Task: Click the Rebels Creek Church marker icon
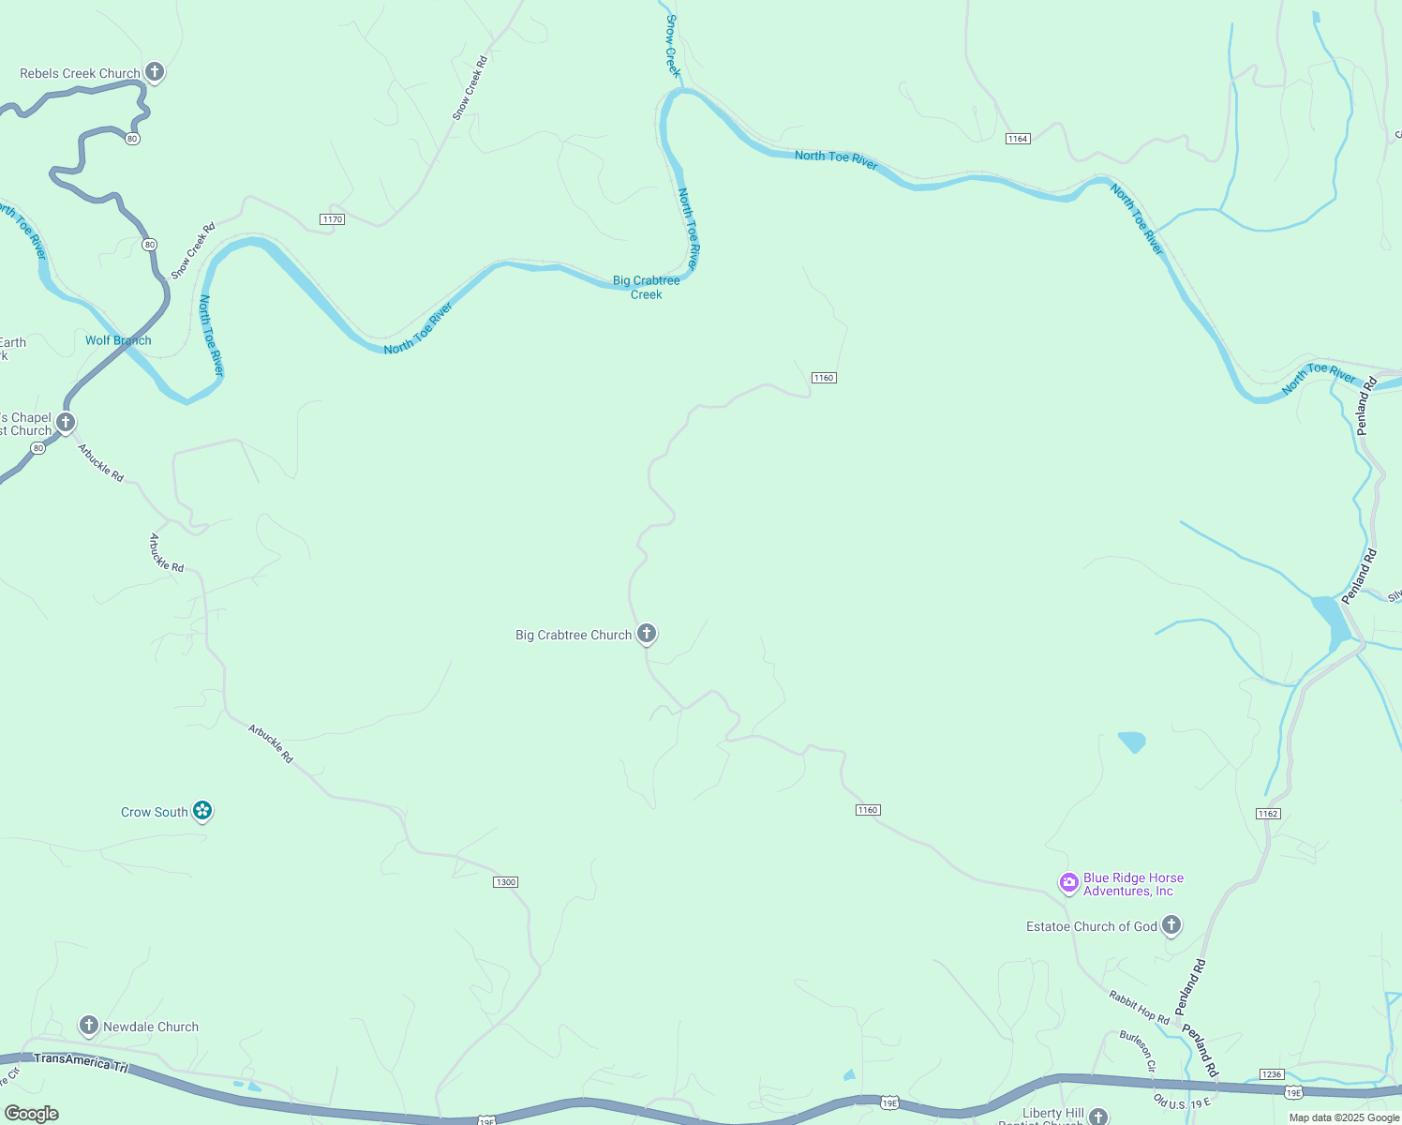click(x=155, y=72)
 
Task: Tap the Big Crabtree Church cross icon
click(x=646, y=634)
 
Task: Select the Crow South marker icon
click(x=202, y=811)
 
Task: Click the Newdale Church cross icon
click(x=89, y=1026)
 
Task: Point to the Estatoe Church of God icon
click(x=1171, y=925)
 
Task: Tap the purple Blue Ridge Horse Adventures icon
click(x=1068, y=883)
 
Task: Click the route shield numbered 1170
click(x=332, y=219)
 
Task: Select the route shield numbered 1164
click(x=1018, y=139)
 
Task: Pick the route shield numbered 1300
click(x=505, y=882)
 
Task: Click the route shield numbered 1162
click(x=1268, y=814)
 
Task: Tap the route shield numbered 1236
click(x=1272, y=1074)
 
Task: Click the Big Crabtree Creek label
click(x=646, y=287)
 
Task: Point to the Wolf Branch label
click(x=118, y=340)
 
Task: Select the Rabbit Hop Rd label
click(x=1139, y=1007)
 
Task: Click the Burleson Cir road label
click(x=1137, y=1051)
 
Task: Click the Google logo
click(x=31, y=1114)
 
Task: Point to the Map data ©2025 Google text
click(x=1344, y=1117)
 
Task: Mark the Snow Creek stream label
click(x=673, y=45)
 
